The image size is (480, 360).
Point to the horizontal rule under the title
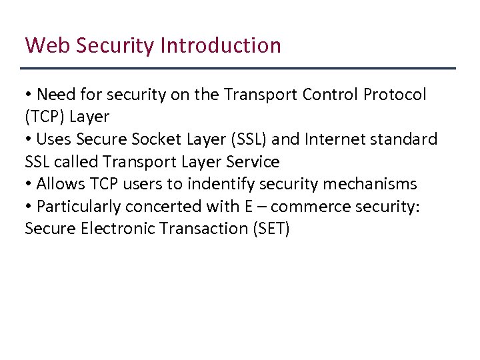pos(238,69)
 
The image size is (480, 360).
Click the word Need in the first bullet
pos(55,95)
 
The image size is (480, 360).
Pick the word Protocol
pos(395,95)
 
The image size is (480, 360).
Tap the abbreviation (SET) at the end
pos(269,229)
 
